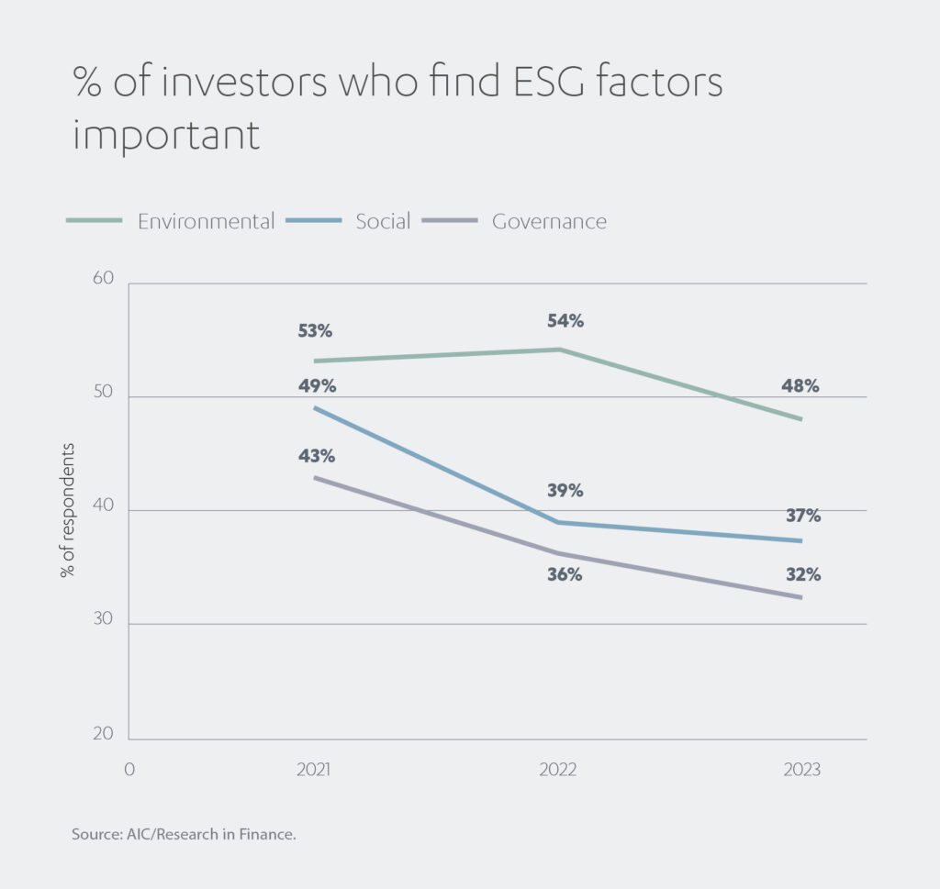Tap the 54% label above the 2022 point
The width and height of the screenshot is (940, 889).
coord(565,321)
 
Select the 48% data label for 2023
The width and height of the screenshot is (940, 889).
coord(800,386)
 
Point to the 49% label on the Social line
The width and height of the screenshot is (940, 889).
coord(317,385)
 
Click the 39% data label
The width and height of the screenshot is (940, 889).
coord(565,491)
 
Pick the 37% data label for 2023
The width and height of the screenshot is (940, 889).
coord(801,516)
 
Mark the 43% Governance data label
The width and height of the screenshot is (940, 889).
coord(317,456)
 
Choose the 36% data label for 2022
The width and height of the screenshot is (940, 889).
coord(565,575)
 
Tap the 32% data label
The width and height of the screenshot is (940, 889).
coord(801,575)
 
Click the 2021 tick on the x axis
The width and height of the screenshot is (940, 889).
coord(314,770)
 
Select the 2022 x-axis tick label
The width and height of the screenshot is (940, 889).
coord(558,770)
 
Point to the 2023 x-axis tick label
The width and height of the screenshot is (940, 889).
coord(802,770)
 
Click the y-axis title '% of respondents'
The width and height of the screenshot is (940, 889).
coord(68,510)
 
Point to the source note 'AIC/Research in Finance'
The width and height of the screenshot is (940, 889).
coord(184,836)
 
